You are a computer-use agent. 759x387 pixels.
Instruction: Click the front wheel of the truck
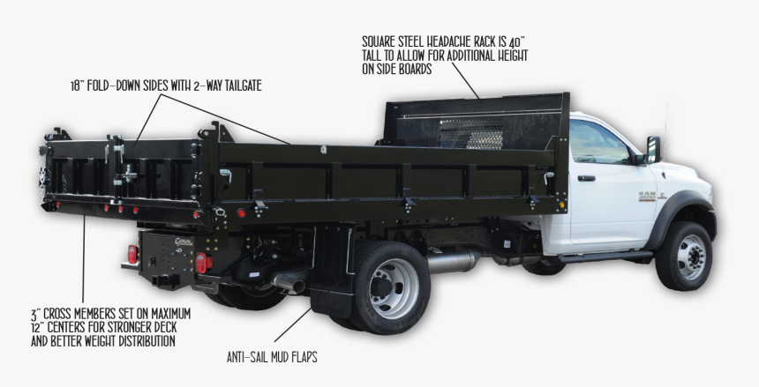click(x=683, y=257)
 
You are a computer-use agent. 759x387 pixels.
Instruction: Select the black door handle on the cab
click(x=586, y=178)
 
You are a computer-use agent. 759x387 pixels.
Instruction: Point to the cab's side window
click(x=597, y=143)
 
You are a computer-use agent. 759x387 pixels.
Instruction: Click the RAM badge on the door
click(x=648, y=194)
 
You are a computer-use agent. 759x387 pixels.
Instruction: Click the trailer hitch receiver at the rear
click(x=162, y=280)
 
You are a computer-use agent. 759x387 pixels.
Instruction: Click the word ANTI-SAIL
click(x=248, y=358)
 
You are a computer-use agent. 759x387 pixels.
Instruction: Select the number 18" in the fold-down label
click(x=78, y=86)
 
